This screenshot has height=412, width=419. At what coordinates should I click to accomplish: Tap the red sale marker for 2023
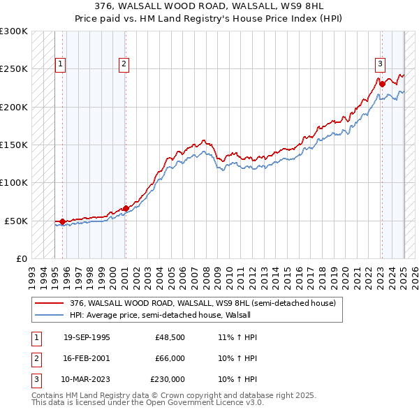tap(383, 84)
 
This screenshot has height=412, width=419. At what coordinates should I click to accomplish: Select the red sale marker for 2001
tap(126, 208)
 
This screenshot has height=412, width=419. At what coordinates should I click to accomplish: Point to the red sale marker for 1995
tap(63, 221)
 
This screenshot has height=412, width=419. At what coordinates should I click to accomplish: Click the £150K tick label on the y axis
tap(14, 145)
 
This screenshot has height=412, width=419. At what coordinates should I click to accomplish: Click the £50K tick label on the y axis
tap(17, 221)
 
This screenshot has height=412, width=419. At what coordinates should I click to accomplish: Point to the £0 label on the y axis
tap(21, 258)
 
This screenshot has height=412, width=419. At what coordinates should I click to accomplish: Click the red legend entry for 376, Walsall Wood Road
tap(203, 304)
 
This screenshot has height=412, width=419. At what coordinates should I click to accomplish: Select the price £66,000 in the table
tap(169, 358)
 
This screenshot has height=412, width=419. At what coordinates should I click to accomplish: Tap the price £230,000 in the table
tap(167, 379)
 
